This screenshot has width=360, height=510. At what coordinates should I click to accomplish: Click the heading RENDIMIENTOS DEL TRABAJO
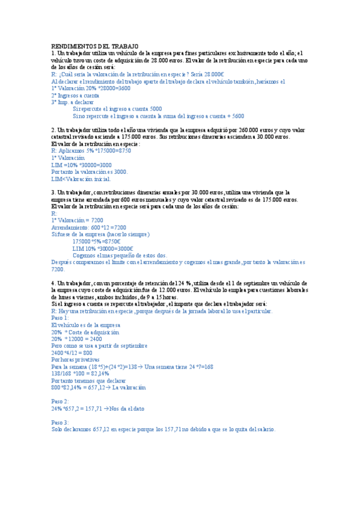point(95,46)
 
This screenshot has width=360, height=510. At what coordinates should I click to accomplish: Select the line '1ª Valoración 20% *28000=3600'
point(91,88)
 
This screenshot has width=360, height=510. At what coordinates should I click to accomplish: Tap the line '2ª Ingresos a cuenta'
point(76,95)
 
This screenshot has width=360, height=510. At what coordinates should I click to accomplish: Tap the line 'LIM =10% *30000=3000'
point(82,165)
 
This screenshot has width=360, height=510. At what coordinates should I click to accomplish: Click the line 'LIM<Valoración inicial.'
point(81,179)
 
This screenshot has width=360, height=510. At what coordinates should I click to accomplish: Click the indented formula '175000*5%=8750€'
point(103,241)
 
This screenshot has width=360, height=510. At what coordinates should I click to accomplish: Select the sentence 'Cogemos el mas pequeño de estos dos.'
point(120,255)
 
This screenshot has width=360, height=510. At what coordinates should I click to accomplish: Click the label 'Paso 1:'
point(61,318)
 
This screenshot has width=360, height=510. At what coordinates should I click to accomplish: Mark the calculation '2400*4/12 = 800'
point(72,352)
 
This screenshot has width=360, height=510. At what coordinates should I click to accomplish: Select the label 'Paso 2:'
point(61,401)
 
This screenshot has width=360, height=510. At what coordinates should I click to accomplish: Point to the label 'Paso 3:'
point(61,422)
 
